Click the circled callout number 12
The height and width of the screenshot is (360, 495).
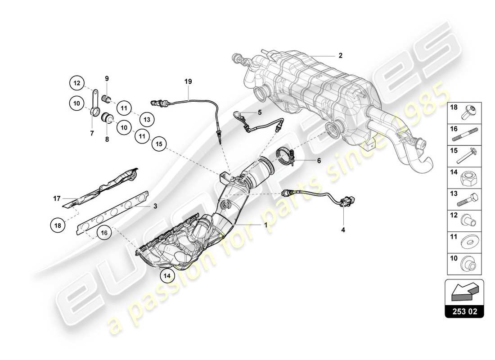click(77, 83)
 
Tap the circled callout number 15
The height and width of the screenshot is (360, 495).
click(158, 144)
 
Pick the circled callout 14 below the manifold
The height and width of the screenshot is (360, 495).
click(167, 274)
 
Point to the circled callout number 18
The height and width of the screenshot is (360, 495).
click(58, 226)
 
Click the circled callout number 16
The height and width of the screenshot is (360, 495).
click(104, 233)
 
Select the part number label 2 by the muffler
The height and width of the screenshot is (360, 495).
click(340, 56)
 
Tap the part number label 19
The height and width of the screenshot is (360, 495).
click(188, 81)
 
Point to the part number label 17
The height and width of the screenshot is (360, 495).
click(56, 198)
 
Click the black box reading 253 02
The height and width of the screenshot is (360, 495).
click(464, 310)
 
